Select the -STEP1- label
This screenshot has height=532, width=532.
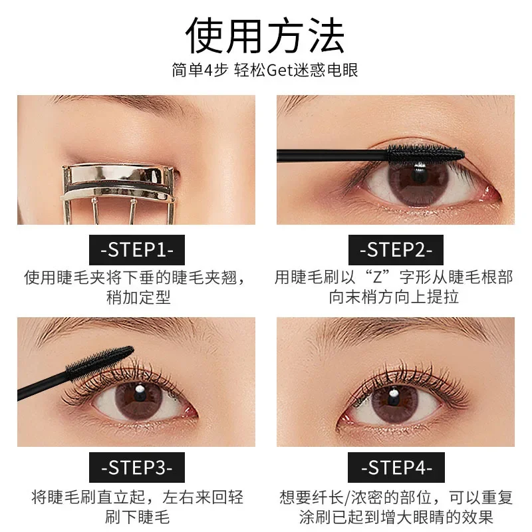pyautogui.click(x=137, y=250)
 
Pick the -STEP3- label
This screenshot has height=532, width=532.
pyautogui.click(x=137, y=467)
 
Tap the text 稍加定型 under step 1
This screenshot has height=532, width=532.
pyautogui.click(x=138, y=297)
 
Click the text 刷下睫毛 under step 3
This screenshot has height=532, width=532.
pyautogui.click(x=138, y=516)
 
